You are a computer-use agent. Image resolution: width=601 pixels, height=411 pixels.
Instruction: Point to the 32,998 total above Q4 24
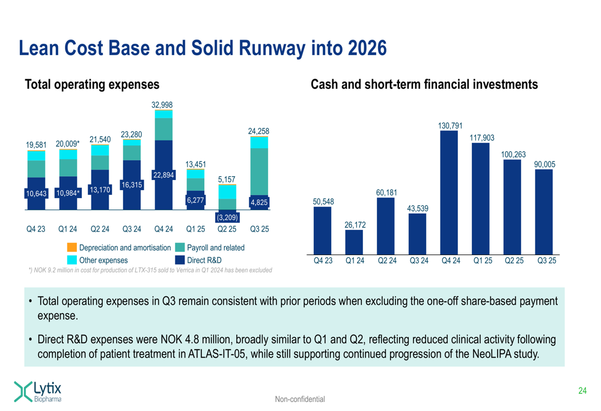(x=163, y=104)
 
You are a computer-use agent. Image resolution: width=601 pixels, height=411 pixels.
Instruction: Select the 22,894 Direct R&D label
(x=163, y=175)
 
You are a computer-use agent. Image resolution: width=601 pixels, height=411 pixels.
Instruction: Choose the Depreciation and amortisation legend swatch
(x=72, y=247)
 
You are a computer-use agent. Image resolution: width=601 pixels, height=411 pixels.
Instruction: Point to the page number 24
(x=582, y=391)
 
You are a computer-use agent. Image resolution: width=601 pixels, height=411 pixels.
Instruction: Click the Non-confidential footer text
(x=300, y=399)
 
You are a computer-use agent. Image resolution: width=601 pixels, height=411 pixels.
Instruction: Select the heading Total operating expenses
(x=91, y=85)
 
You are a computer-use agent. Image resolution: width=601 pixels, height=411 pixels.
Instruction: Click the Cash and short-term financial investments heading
(x=424, y=85)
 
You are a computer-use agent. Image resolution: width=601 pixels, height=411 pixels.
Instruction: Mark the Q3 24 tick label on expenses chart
(x=131, y=229)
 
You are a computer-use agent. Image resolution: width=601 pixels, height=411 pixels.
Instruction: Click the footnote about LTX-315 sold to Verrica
(x=150, y=271)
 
